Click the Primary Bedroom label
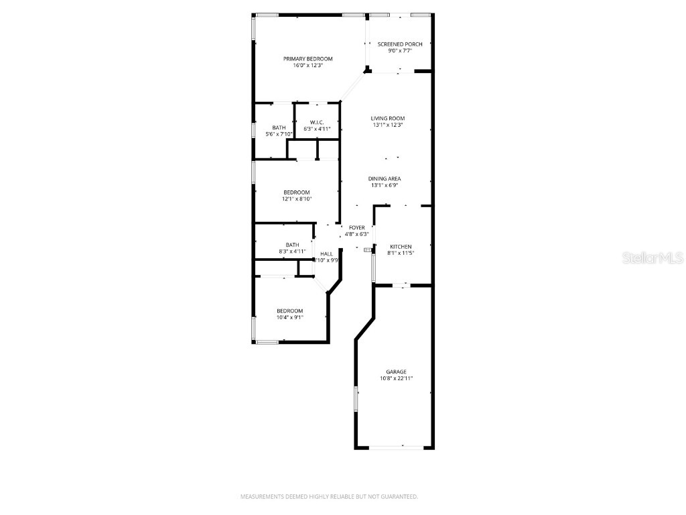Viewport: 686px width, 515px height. [307, 59]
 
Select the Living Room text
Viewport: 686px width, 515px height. [388, 118]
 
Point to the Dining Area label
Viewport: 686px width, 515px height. [385, 178]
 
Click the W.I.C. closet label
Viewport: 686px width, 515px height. [318, 122]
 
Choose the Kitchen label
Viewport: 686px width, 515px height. [400, 247]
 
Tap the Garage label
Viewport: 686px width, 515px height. [396, 371]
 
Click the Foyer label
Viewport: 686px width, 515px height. [356, 228]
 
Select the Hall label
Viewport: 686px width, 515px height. [327, 253]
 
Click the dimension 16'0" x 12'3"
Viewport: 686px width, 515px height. [307, 66]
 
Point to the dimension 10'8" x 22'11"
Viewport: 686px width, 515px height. [396, 378]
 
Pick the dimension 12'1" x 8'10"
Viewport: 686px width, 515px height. [296, 198]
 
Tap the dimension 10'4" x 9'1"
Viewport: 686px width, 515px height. [290, 317]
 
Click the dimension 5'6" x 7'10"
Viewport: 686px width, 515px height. [279, 134]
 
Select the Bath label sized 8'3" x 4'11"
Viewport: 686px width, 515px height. [292, 245]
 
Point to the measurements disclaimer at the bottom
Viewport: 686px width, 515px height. [329, 497]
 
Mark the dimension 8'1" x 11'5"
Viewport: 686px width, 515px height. [400, 253]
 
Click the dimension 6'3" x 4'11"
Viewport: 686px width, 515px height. [318, 129]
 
